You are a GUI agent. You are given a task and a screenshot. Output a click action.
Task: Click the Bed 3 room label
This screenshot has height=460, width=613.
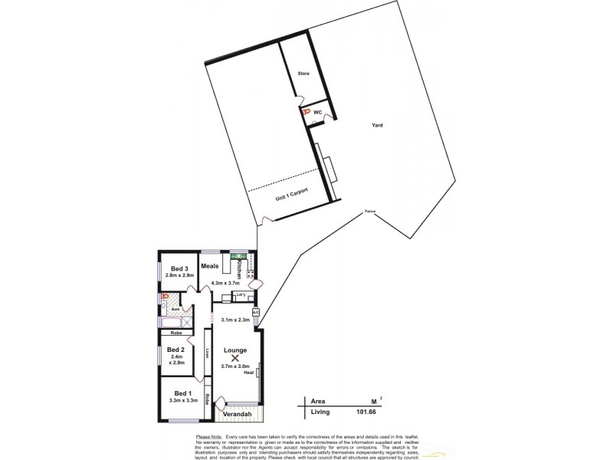180,268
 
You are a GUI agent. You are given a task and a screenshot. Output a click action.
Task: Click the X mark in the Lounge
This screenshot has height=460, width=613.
235,358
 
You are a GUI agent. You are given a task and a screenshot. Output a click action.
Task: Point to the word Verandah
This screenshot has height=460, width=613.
237,415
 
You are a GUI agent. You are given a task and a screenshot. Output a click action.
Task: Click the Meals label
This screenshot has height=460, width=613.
211,267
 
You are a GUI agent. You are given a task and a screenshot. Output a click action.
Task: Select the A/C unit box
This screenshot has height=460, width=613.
256,312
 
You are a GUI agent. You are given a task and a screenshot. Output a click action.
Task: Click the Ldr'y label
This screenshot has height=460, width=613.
241,294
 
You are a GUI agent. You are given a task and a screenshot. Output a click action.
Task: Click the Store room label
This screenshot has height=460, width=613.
303,74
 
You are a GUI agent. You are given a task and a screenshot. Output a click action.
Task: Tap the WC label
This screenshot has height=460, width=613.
317,111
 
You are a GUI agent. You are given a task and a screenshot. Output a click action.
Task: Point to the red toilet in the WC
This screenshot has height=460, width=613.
305,112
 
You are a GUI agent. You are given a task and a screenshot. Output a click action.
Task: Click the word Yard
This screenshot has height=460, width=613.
377,125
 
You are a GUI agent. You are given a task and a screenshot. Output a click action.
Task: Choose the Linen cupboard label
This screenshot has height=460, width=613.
208,353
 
